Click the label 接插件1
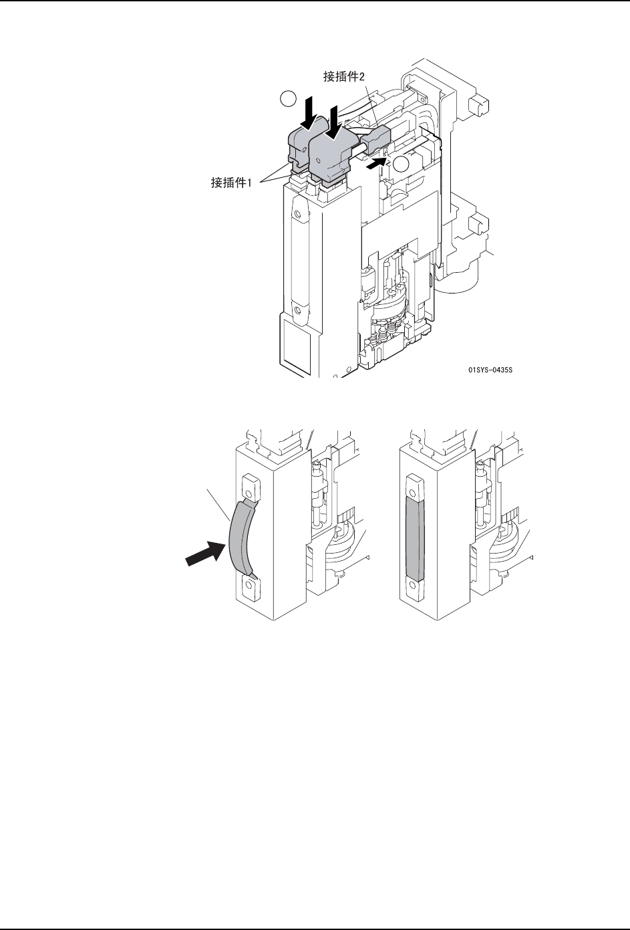(230, 182)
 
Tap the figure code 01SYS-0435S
(494, 367)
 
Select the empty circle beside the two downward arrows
(287, 99)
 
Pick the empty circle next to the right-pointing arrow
(402, 164)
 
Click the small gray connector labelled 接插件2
(375, 139)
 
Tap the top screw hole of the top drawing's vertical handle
(300, 215)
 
